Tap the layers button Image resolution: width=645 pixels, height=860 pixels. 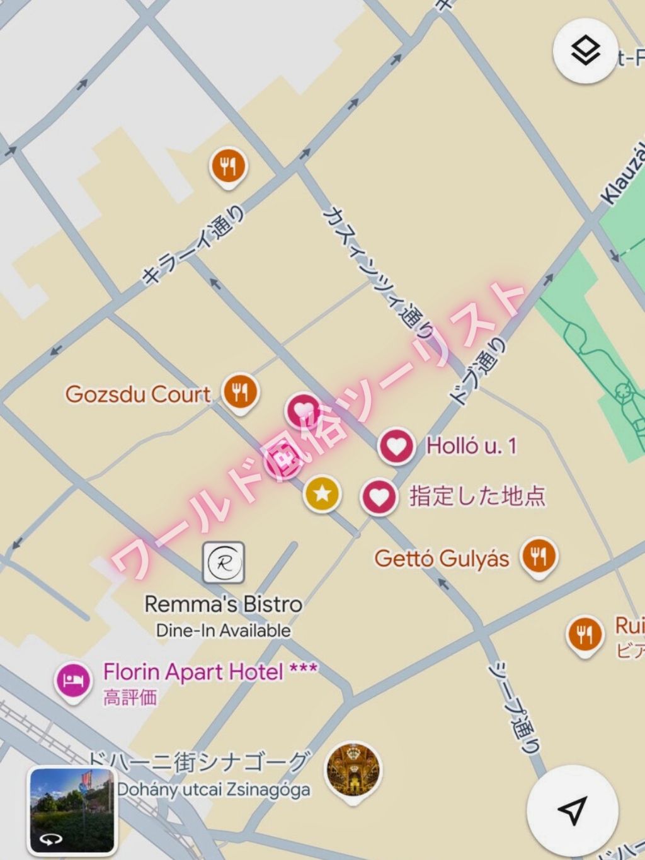(x=585, y=51)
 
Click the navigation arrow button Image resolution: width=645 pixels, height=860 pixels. (x=572, y=810)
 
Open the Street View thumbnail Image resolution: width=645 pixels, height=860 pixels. (x=72, y=810)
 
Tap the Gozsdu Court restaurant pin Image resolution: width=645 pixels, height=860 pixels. (x=240, y=393)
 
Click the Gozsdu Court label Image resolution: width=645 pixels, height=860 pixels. (x=138, y=394)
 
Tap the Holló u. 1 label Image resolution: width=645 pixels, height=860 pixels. (x=471, y=446)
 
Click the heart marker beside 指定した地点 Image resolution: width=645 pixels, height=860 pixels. (x=379, y=497)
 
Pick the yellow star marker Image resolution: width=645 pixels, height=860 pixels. (x=322, y=493)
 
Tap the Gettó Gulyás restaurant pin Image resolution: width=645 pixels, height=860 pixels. (x=539, y=556)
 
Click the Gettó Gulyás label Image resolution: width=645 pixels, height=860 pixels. (x=442, y=558)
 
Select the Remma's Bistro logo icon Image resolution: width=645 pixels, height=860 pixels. (x=224, y=563)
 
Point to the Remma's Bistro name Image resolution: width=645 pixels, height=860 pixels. (x=224, y=604)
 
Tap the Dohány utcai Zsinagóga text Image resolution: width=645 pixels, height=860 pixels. (x=214, y=789)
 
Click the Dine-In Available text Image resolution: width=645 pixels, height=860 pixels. (x=224, y=630)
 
